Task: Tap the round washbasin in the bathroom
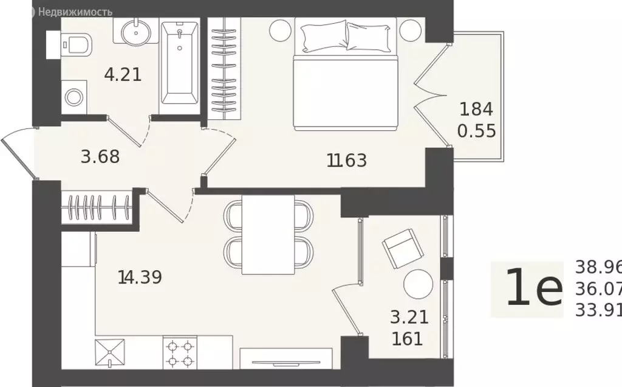pos(135,30)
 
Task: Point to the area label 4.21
pos(123,75)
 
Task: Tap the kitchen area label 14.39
pos(140,278)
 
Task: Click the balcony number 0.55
pos(478,130)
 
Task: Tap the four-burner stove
pos(180,352)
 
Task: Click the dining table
pos(268,234)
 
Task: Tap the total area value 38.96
pos(598,267)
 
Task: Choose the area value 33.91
pos(598,311)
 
